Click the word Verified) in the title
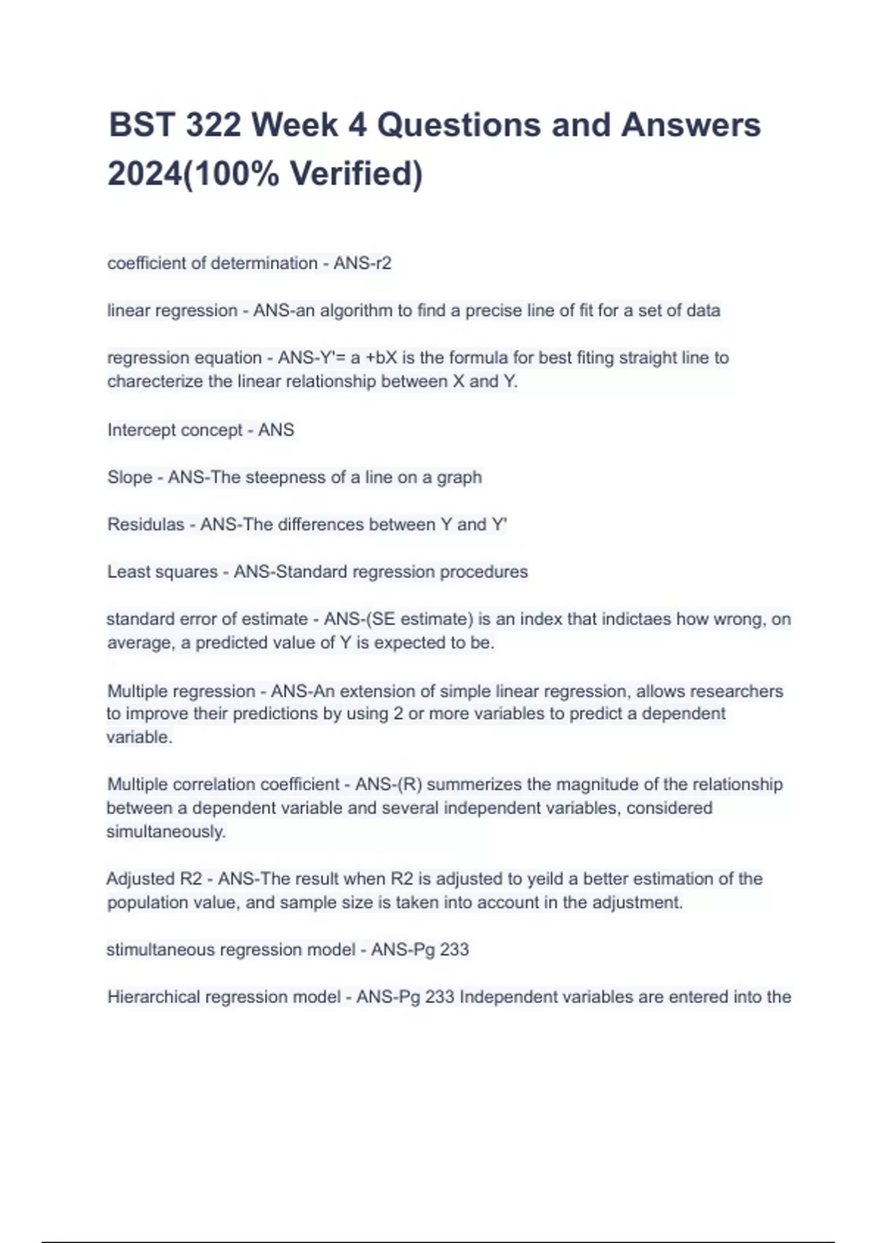[356, 174]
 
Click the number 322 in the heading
[213, 125]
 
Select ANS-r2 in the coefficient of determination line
[362, 263]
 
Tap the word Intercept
[137, 430]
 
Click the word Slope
[130, 477]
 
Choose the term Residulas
[145, 525]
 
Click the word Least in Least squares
[128, 572]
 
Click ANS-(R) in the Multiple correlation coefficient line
[388, 785]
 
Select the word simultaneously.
[166, 832]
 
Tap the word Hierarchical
[153, 997]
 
